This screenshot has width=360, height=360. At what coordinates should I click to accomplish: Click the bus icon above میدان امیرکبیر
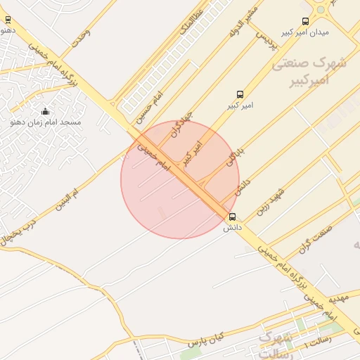click(304, 22)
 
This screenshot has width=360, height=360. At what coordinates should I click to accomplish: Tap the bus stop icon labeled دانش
click(233, 217)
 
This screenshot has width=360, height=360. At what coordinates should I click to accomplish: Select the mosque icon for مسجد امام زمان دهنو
click(46, 111)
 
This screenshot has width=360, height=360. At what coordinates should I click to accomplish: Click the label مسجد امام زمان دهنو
click(46, 122)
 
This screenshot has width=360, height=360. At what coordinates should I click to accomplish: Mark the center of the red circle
click(180, 179)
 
